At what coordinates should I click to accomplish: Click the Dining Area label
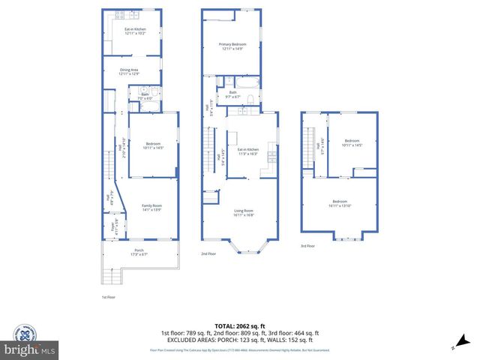(129, 72)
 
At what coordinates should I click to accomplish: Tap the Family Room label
(152, 208)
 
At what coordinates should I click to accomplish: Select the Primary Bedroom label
(233, 47)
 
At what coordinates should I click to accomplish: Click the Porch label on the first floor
(139, 252)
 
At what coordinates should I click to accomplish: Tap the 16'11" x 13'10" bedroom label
(340, 202)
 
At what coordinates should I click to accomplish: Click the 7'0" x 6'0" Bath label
(145, 97)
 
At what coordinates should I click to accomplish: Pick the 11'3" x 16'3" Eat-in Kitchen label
(247, 152)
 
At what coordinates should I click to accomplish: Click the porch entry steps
(110, 277)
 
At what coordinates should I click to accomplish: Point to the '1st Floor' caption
(109, 297)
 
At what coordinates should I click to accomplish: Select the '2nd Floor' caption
(208, 254)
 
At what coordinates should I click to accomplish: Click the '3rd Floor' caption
(307, 245)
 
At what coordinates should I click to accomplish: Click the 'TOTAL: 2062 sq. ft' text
(239, 325)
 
